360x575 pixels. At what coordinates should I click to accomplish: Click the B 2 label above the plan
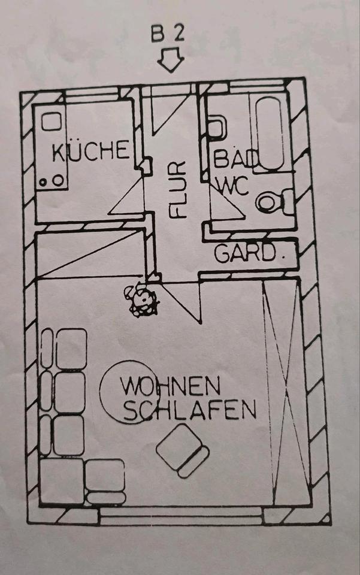click(168, 34)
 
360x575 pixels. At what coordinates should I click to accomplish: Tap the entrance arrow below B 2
click(170, 60)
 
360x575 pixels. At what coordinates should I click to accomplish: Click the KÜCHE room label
click(90, 151)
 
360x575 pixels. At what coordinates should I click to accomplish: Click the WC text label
click(233, 186)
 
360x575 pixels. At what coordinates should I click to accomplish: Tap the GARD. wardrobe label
click(250, 253)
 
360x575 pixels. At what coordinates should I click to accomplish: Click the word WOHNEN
click(170, 386)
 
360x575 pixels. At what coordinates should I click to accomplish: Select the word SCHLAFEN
click(189, 410)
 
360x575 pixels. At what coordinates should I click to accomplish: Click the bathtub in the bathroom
click(270, 134)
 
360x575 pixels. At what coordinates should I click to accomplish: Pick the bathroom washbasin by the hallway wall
click(217, 128)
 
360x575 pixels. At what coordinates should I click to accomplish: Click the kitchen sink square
click(51, 122)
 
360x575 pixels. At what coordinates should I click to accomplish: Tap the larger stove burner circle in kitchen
click(58, 180)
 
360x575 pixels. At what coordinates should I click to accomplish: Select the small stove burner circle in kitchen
click(43, 182)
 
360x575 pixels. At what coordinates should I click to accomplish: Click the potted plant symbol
click(141, 299)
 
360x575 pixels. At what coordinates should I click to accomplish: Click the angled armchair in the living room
click(183, 450)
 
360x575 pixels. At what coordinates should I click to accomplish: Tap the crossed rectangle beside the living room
click(286, 393)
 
